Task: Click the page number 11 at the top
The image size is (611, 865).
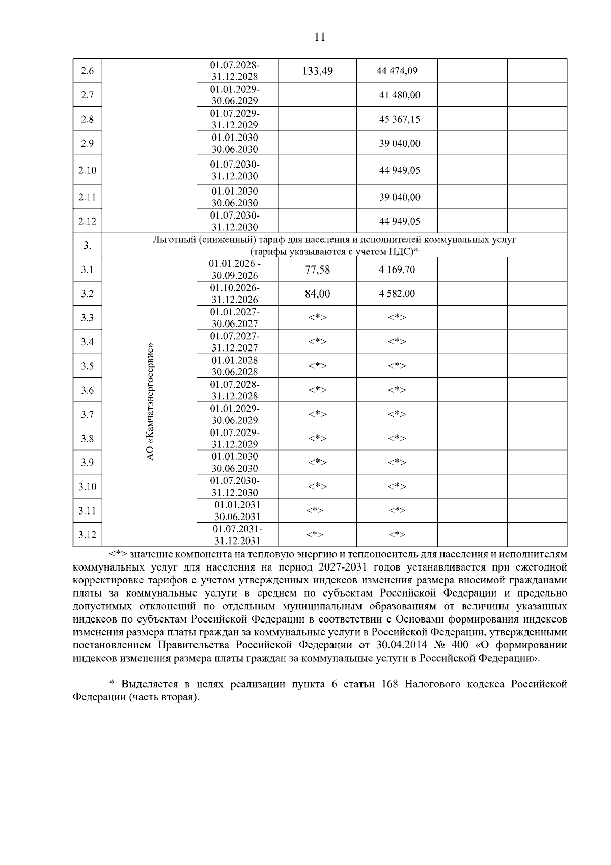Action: click(320, 37)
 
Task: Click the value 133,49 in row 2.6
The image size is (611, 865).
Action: click(317, 71)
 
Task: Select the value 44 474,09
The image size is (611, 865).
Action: click(397, 71)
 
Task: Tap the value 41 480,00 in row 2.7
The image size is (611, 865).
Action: click(399, 95)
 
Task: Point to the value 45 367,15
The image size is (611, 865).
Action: click(399, 119)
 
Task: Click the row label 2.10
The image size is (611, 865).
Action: click(87, 170)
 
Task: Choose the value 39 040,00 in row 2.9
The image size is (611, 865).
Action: click(399, 144)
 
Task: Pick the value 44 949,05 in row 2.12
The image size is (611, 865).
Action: click(399, 221)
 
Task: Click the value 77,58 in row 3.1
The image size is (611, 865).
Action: click(317, 269)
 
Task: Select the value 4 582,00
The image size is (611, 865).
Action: click(397, 294)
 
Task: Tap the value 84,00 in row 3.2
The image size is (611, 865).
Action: click(317, 294)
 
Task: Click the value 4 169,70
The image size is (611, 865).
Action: click(397, 269)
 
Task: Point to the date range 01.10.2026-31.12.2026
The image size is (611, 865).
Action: click(235, 294)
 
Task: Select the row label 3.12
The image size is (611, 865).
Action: click(87, 535)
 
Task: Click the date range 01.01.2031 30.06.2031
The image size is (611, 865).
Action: click(237, 510)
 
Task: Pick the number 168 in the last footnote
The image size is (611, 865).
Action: click(390, 684)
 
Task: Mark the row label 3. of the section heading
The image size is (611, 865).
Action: click(87, 246)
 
